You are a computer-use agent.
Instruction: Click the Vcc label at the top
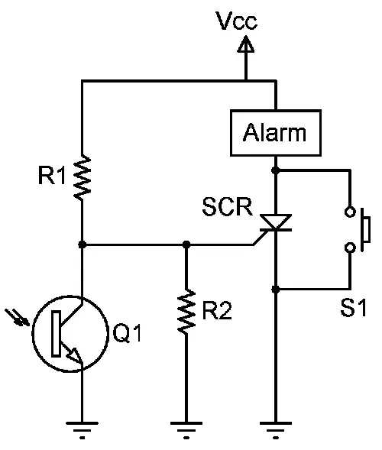point(237,21)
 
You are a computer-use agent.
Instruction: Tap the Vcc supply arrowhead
point(246,44)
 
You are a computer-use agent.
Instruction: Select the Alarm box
point(276,133)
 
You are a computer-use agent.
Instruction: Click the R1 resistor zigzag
point(82,177)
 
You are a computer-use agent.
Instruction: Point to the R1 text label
point(52,175)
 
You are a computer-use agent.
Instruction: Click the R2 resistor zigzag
point(186,312)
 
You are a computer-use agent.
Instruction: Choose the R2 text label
point(217,310)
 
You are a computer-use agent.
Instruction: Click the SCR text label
point(228,206)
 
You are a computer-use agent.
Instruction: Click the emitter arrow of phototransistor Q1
point(73,354)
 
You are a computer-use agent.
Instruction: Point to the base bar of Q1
point(57,334)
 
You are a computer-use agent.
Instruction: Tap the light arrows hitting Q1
point(18,317)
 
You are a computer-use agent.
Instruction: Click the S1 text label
point(354,308)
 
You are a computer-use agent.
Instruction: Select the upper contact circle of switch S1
point(350,212)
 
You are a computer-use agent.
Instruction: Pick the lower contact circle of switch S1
point(350,248)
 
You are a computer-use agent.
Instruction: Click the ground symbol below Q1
point(82,430)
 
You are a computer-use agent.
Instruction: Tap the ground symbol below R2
point(186,430)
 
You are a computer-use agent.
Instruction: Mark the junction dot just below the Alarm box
point(276,170)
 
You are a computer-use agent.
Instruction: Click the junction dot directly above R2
point(186,244)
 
